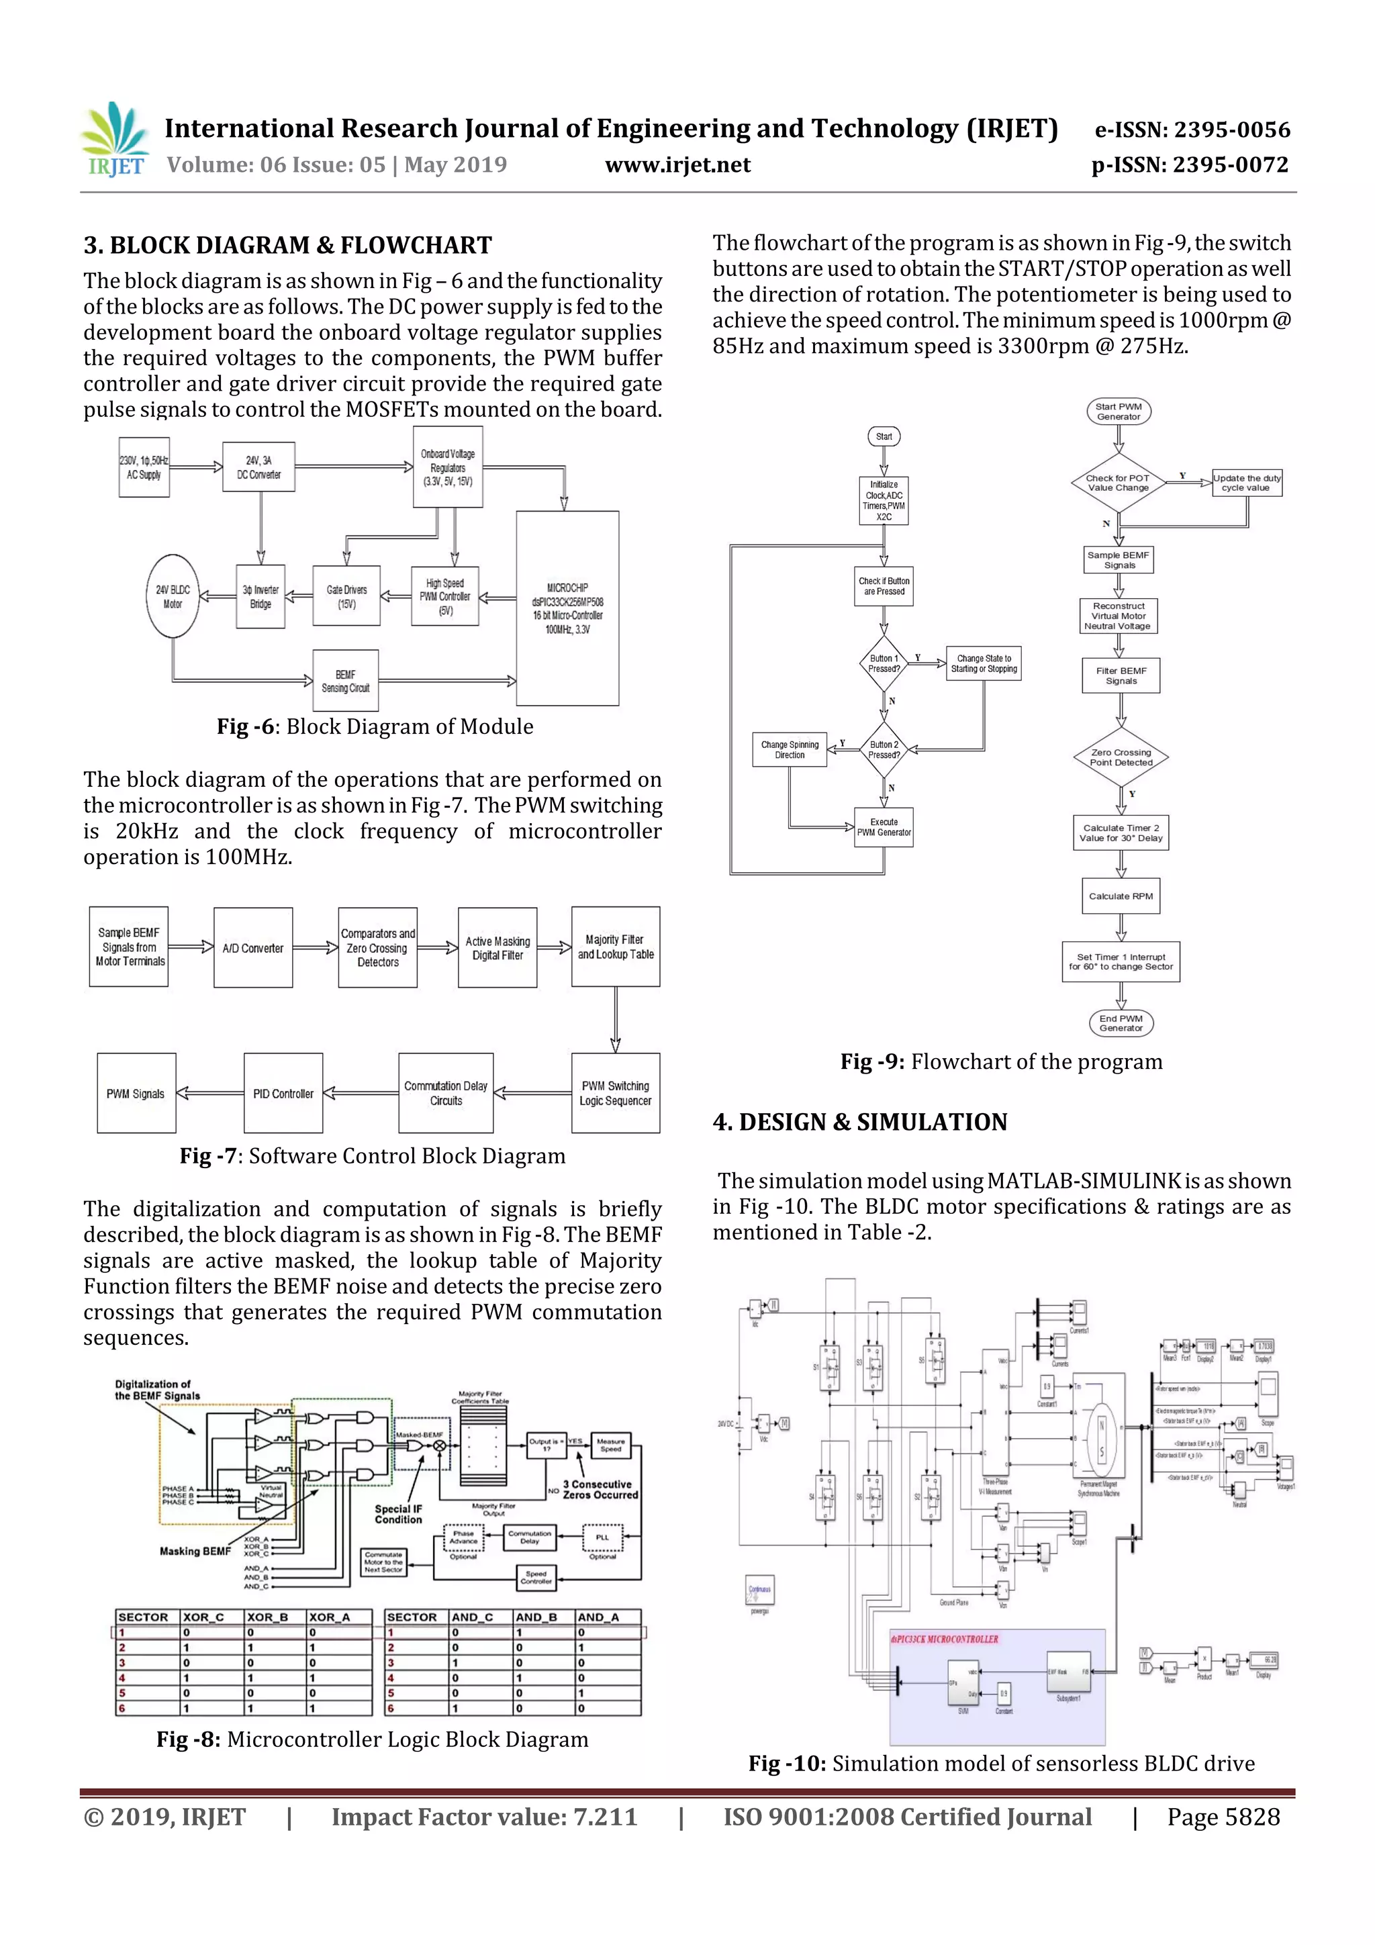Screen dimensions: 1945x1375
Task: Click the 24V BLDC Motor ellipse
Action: coord(173,596)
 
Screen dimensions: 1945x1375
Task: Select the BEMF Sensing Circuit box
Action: coord(345,681)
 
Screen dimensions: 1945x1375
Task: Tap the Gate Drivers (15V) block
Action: coord(346,596)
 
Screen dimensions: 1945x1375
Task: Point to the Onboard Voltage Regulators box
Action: coord(447,467)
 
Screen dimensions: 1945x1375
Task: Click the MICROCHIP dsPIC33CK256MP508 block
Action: coord(567,608)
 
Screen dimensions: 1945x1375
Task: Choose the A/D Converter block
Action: coord(253,948)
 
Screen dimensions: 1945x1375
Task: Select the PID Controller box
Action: coord(283,1094)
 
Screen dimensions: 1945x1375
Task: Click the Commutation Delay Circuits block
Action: coord(446,1094)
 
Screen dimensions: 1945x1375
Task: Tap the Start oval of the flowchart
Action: coord(884,436)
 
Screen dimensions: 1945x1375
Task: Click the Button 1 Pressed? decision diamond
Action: coord(884,663)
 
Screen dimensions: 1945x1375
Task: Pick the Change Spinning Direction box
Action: coord(790,750)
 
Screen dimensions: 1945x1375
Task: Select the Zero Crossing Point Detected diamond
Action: coord(1121,757)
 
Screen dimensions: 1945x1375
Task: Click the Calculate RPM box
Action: coord(1121,896)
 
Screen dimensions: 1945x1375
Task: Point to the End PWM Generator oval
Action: coord(1121,1023)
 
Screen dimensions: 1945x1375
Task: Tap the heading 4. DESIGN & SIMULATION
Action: coord(860,1123)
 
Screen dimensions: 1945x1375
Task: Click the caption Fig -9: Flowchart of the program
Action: coord(1002,1061)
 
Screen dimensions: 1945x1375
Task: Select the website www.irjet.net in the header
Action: coord(677,165)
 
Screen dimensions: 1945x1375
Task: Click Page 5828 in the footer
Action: coord(1223,1816)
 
